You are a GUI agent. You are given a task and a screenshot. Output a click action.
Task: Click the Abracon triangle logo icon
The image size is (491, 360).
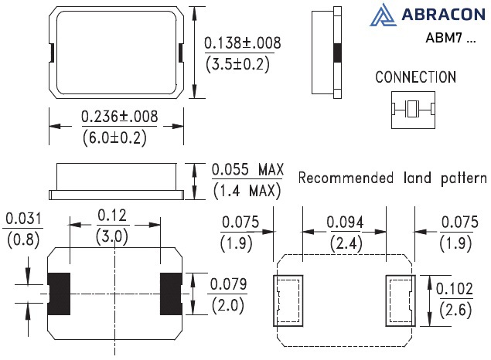coord(383,15)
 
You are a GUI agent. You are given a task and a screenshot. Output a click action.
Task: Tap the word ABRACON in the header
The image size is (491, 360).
coord(443,15)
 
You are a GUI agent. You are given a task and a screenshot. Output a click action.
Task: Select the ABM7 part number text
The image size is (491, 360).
coord(444,38)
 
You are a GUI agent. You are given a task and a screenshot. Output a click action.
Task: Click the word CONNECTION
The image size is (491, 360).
coord(415,77)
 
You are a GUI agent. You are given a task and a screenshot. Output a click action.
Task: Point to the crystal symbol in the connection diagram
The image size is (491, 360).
coord(413,110)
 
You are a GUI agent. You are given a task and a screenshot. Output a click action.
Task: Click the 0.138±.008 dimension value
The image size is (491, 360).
coord(243,42)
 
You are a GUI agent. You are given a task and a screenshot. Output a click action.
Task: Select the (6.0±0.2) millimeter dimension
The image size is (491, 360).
coord(114,138)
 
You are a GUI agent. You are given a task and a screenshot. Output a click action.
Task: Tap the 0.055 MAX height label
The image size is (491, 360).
coord(247,169)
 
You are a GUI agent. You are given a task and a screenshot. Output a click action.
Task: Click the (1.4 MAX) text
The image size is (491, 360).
coord(247,191)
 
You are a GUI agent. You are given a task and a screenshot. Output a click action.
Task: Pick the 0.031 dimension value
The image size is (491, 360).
coord(23,219)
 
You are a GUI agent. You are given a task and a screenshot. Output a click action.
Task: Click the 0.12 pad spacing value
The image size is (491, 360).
coord(112,216)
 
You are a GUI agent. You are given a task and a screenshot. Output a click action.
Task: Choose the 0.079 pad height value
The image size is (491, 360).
coord(228,284)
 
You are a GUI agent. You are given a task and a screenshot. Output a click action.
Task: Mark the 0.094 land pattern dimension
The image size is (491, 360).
coord(345,222)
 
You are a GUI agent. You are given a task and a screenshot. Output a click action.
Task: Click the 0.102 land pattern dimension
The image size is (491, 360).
coord(455,288)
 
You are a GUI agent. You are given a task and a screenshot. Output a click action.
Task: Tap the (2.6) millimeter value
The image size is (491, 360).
coord(455,310)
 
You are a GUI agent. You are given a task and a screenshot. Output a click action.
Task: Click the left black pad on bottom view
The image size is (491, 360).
coord(59,294)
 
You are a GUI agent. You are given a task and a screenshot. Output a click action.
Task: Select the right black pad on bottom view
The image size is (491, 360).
coord(171,294)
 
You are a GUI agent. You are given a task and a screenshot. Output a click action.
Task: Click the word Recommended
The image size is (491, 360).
coord(346,178)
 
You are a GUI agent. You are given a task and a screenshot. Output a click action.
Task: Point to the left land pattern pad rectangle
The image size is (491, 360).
coord(288,301)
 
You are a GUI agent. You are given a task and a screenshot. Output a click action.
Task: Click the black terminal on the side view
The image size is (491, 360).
coord(337,53)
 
